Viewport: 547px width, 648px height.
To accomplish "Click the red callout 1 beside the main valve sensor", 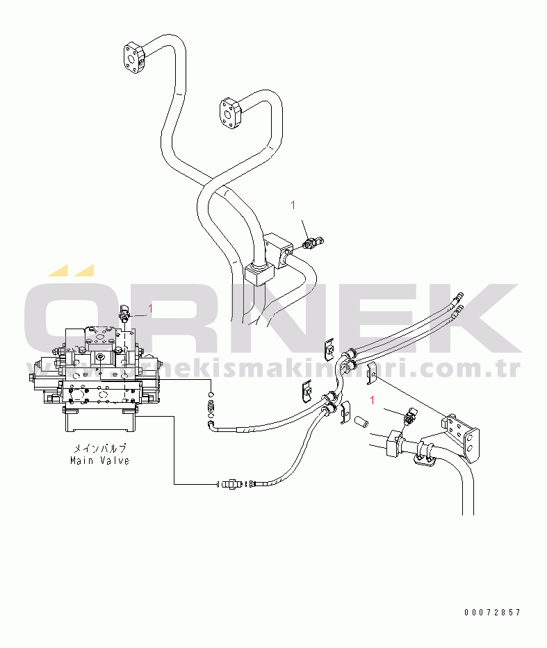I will point(149,308).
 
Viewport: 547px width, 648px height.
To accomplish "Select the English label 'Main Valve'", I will point(99,460).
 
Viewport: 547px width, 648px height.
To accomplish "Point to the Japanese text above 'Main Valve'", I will point(99,449).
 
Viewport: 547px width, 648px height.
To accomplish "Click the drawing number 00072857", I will point(492,612).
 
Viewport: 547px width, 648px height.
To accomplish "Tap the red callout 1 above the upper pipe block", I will point(293,205).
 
